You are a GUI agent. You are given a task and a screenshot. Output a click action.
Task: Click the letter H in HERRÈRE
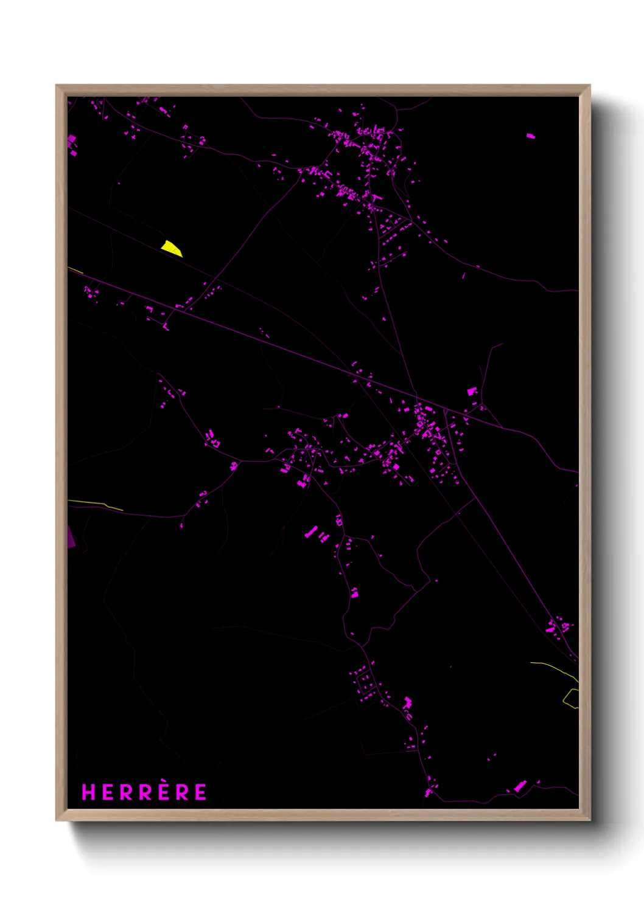tap(88, 792)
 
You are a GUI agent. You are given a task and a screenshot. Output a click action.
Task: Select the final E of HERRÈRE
tap(200, 792)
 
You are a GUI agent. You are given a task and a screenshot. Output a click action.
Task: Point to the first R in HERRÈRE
tap(126, 792)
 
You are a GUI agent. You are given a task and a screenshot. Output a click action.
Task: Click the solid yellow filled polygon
tap(171, 248)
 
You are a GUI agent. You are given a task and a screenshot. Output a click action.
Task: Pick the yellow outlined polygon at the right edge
tap(570, 699)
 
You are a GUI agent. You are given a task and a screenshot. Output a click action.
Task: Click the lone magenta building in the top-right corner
tap(531, 136)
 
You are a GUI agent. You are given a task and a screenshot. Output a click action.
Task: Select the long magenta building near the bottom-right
tap(520, 786)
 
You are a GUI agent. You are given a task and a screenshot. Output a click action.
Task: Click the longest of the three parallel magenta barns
tap(311, 532)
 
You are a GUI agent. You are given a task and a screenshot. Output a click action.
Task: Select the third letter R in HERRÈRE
tap(182, 792)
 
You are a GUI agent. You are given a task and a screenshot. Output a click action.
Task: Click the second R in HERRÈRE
tap(145, 792)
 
